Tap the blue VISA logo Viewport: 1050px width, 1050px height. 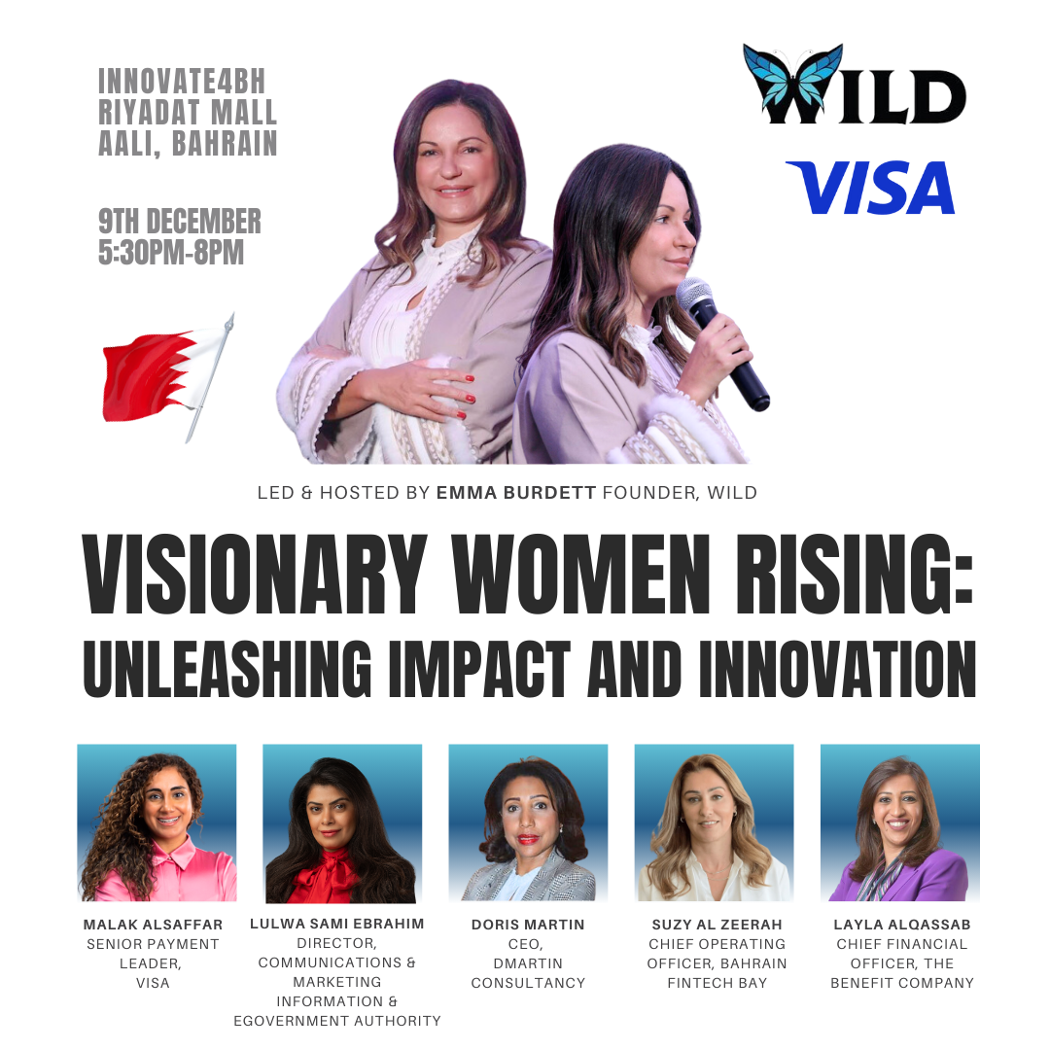click(x=870, y=188)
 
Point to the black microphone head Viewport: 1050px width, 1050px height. click(x=694, y=295)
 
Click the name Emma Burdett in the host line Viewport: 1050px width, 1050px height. click(x=515, y=493)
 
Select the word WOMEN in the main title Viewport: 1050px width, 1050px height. click(x=579, y=574)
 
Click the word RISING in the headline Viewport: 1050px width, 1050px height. click(x=854, y=574)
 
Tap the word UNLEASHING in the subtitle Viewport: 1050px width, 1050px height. click(x=227, y=669)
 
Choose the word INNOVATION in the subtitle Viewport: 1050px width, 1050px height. click(x=837, y=669)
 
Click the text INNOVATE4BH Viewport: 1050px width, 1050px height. click(x=182, y=82)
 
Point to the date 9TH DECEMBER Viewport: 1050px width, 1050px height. click(x=180, y=221)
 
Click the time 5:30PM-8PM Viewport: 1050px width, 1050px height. click(x=171, y=253)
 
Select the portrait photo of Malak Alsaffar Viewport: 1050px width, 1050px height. click(x=157, y=822)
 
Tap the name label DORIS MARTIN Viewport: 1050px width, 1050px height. click(x=528, y=925)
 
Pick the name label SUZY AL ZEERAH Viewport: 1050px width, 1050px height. click(x=717, y=925)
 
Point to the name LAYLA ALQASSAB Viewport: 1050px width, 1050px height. click(x=901, y=925)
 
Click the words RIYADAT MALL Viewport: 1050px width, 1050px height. click(x=188, y=113)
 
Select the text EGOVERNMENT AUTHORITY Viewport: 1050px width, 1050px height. click(x=336, y=1021)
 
